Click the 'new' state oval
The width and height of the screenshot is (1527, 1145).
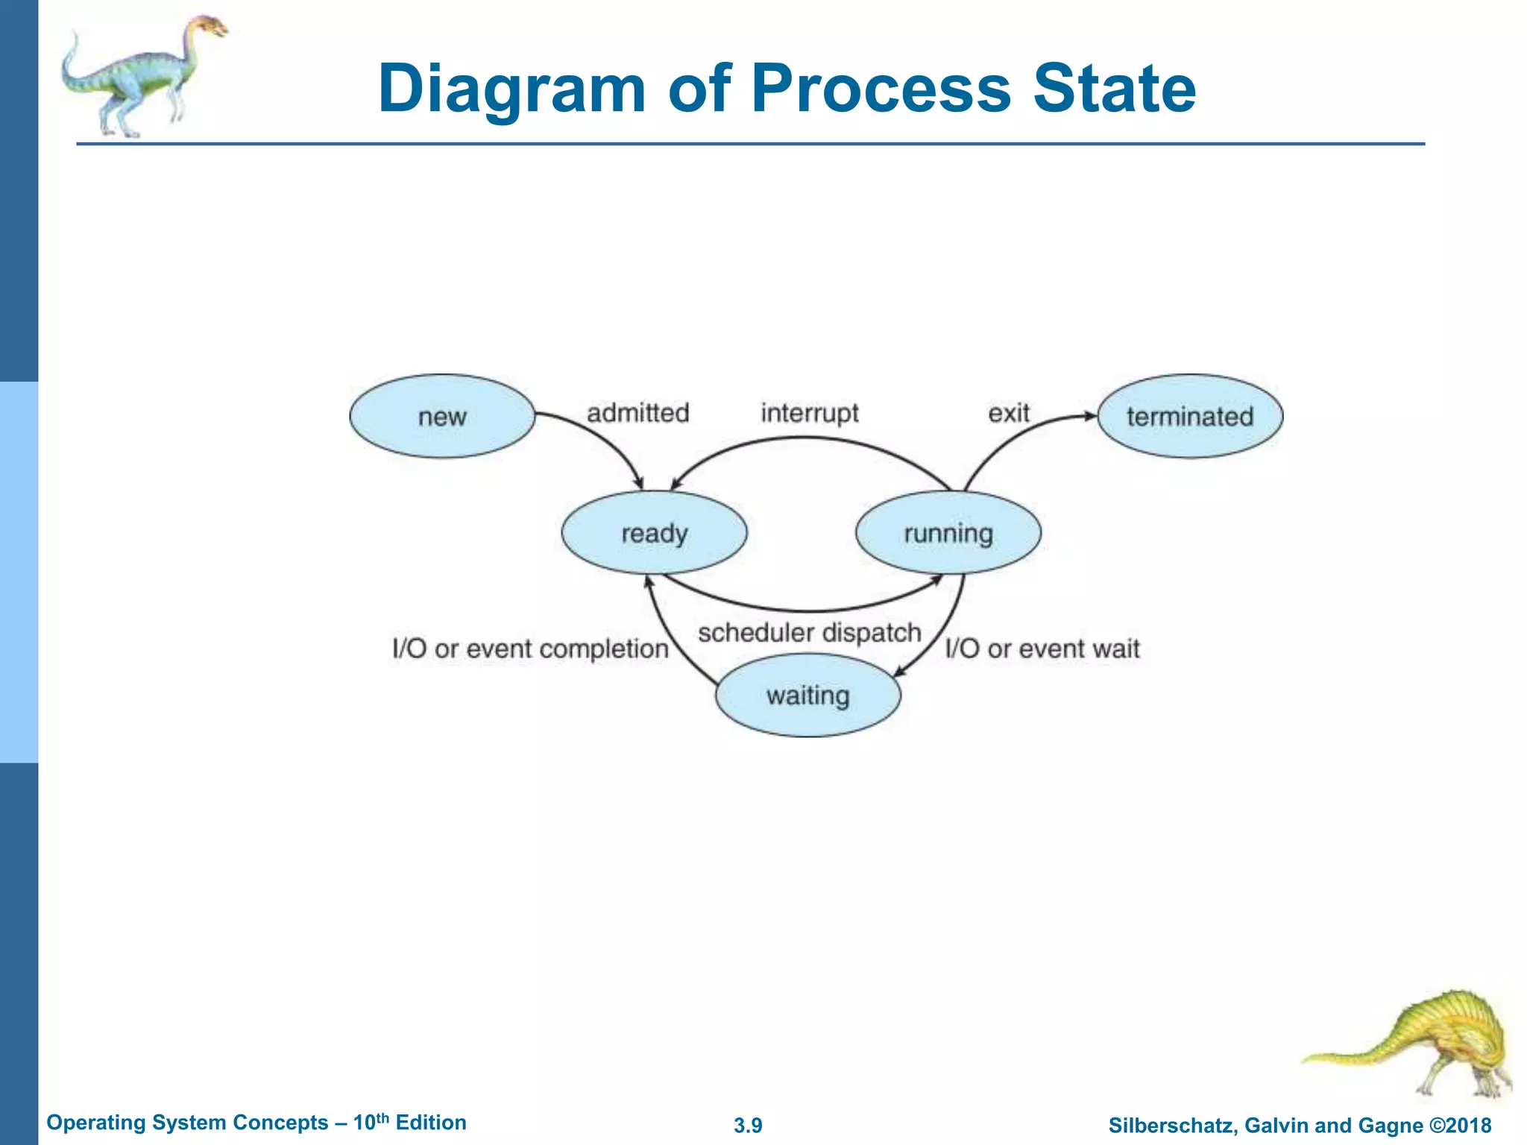pyautogui.click(x=442, y=416)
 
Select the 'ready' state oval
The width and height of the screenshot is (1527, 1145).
pyautogui.click(x=654, y=533)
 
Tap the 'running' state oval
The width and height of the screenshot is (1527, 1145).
pyautogui.click(x=948, y=533)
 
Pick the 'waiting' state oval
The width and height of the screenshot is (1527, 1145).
pyautogui.click(x=807, y=695)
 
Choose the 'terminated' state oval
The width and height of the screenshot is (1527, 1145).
pyautogui.click(x=1190, y=416)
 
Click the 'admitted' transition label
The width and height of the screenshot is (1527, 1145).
pyautogui.click(x=637, y=412)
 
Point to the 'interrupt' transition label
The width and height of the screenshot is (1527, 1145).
pyautogui.click(x=810, y=412)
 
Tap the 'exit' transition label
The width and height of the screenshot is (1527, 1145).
pyautogui.click(x=1008, y=412)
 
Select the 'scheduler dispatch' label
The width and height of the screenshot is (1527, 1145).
pyautogui.click(x=810, y=633)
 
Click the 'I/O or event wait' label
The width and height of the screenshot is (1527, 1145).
pyautogui.click(x=1042, y=649)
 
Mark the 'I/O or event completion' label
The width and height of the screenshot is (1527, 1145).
pyautogui.click(x=530, y=649)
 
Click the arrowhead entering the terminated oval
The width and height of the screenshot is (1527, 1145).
pyautogui.click(x=1090, y=415)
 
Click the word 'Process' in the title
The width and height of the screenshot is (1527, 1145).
pyautogui.click(x=881, y=89)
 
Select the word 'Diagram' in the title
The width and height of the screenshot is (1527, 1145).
pyautogui.click(x=511, y=89)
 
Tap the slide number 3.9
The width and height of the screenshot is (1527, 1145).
pyautogui.click(x=748, y=1126)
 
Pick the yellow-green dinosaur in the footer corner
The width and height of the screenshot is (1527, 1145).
pyautogui.click(x=1432, y=1044)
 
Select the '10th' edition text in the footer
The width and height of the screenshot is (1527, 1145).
pyautogui.click(x=371, y=1122)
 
